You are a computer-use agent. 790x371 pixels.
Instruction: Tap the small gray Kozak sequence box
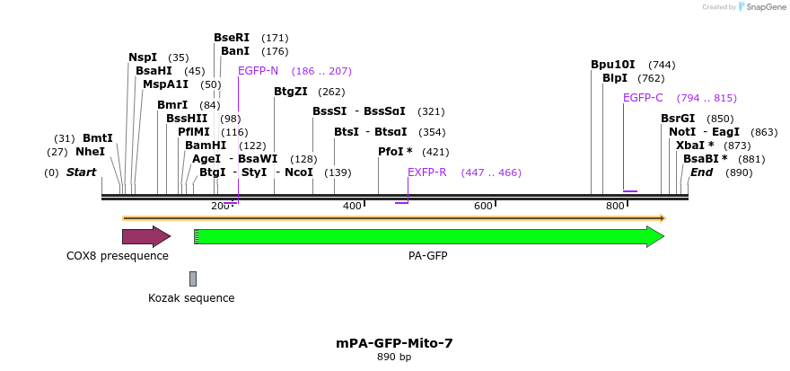(192, 278)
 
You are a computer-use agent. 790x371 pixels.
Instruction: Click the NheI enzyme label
(91, 152)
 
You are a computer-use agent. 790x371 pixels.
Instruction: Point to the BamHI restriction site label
(206, 146)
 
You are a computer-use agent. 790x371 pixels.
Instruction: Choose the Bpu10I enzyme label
(612, 65)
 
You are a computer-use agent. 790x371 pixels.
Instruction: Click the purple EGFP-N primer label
(259, 71)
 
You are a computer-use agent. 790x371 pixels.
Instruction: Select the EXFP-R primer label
(426, 172)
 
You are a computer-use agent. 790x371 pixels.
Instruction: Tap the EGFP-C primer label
(643, 98)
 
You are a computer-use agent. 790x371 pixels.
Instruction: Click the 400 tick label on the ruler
(352, 207)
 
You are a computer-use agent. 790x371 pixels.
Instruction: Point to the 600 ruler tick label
(483, 207)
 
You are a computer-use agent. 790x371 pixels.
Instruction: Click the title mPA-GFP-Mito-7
(394, 343)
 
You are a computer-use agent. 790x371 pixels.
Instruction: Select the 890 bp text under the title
(394, 358)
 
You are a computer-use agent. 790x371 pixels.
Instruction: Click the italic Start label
(81, 172)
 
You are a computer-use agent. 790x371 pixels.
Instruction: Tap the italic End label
(701, 172)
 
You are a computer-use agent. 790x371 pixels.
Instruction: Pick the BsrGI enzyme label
(678, 119)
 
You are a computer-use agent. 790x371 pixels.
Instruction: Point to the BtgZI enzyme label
(291, 92)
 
